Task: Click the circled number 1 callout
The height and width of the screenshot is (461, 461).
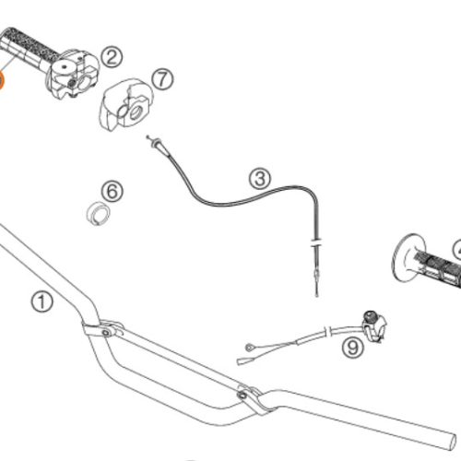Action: pos(41,302)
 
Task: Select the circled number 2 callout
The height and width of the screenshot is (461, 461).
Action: pos(112,57)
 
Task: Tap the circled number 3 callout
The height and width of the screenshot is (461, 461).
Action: pos(260,178)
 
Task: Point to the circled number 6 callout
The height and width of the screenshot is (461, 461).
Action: pos(112,191)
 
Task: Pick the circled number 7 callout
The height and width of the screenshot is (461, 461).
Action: pos(162,79)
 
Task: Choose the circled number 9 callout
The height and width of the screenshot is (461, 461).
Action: pos(353,348)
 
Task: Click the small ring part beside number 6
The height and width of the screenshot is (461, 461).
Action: pos(98,213)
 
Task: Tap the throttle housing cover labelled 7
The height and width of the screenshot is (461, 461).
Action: pos(126,104)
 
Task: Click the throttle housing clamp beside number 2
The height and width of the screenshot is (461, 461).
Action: pos(74,75)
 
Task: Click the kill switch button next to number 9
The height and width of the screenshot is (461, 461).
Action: pos(371,316)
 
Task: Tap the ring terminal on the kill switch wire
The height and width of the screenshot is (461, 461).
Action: pos(249,348)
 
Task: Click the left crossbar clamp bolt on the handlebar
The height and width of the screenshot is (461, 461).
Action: pos(106,333)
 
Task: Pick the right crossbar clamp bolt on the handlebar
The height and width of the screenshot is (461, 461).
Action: pos(242,395)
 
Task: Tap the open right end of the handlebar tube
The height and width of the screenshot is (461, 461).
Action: pos(453,442)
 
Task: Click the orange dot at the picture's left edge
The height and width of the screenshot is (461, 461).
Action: pos(1,81)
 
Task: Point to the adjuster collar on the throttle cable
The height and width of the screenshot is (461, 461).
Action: pos(315,242)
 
